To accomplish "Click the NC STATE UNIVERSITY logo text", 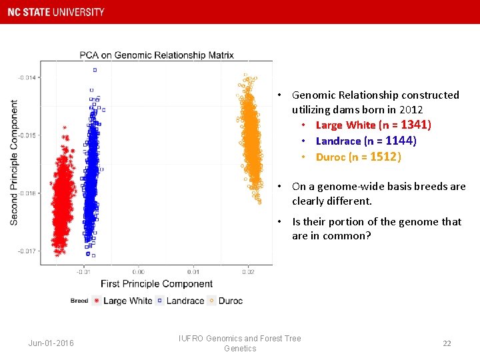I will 56,12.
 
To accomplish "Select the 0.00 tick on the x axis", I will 138,271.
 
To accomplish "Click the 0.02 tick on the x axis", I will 248,271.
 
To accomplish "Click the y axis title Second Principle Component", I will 14,163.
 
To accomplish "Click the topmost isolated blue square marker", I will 95,69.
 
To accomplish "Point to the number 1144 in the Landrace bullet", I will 399,141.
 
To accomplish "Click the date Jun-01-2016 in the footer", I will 51,343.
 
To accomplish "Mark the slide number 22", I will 447,343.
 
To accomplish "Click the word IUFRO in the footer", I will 191,339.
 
